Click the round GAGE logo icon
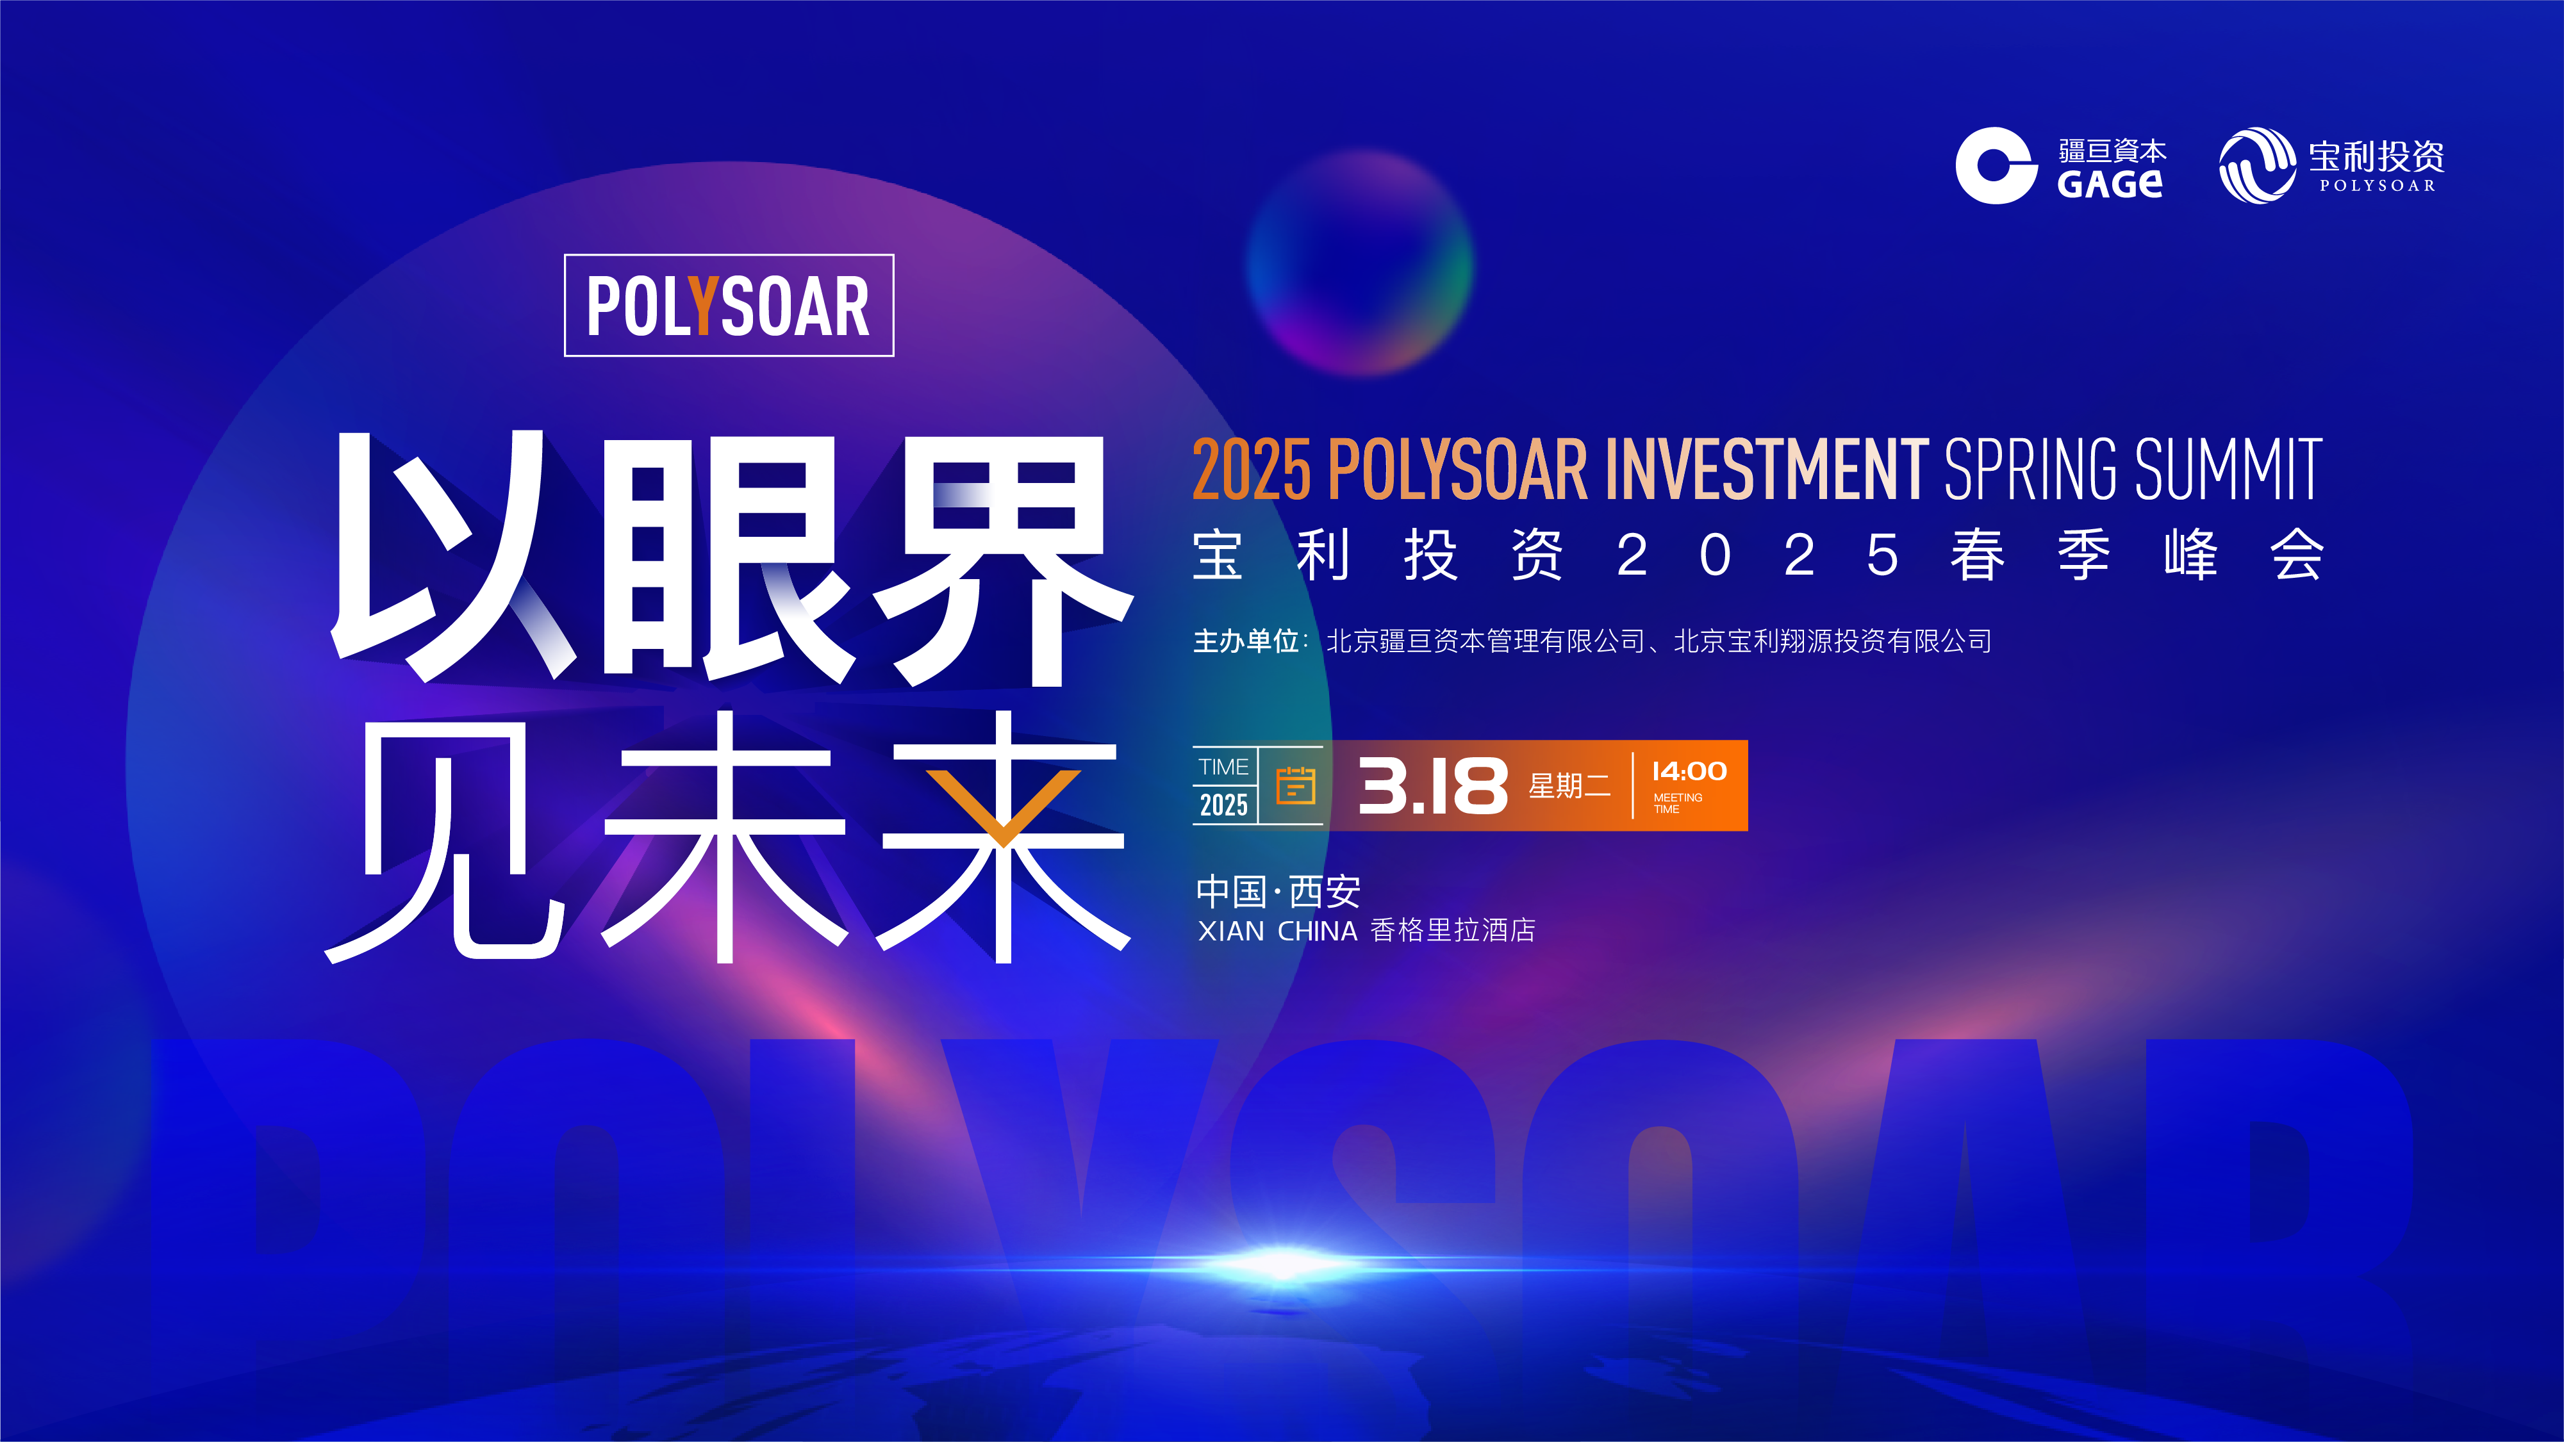pyautogui.click(x=1995, y=165)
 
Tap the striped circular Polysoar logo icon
pyautogui.click(x=2258, y=165)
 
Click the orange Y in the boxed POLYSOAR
pyautogui.click(x=703, y=306)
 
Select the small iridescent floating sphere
pyautogui.click(x=1360, y=262)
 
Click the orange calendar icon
pyautogui.click(x=1295, y=785)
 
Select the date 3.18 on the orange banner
pyautogui.click(x=1434, y=786)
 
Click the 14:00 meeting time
pyautogui.click(x=1689, y=771)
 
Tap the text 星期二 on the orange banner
pyautogui.click(x=1569, y=786)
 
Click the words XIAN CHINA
pyautogui.click(x=1277, y=931)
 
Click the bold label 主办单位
pyautogui.click(x=1246, y=641)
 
